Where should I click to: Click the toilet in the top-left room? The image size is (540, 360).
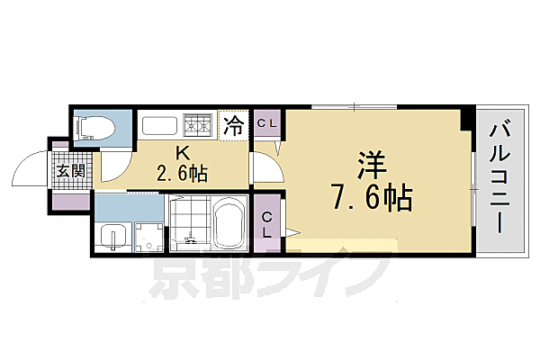point(94,127)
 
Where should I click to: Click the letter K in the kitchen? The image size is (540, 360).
point(182,153)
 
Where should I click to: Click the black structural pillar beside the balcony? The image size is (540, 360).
point(466,116)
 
